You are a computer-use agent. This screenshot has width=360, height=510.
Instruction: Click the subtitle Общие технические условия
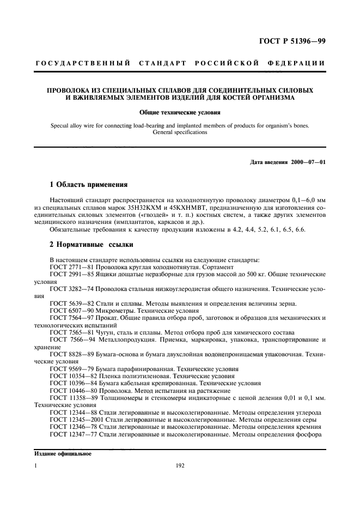pos(180,114)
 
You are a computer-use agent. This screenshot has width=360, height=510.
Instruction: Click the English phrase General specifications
pos(180,132)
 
